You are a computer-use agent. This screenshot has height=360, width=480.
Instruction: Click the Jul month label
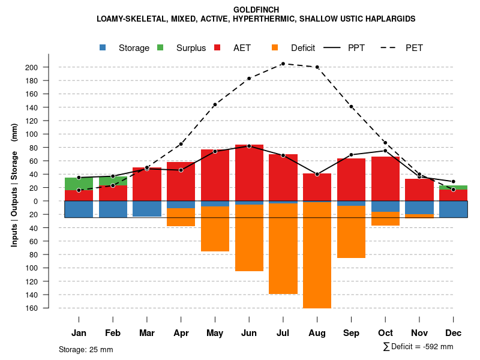283,333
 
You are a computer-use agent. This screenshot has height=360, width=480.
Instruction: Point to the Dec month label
453,333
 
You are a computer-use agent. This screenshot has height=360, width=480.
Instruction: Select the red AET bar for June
249,174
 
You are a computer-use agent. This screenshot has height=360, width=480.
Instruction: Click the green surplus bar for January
79,184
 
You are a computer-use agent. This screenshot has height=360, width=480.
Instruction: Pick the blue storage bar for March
147,209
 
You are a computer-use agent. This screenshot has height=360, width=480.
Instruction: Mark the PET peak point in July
283,64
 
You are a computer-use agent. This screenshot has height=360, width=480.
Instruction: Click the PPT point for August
317,174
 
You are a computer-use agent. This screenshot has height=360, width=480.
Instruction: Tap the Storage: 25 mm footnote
86,349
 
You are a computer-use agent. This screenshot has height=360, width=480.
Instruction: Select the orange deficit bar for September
351,232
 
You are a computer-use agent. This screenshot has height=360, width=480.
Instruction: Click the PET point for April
181,144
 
